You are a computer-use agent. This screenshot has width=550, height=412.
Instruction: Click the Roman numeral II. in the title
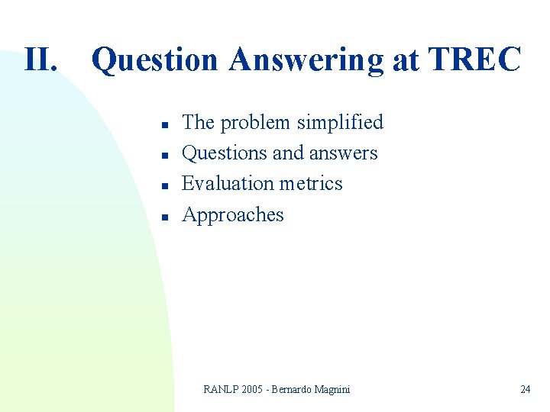(40, 60)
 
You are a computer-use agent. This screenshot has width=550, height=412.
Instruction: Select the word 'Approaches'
(233, 216)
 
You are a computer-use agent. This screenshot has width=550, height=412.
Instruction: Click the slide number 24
(525, 390)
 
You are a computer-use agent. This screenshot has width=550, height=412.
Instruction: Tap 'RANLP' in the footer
(221, 390)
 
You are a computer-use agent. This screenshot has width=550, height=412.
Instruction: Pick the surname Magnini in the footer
(330, 390)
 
